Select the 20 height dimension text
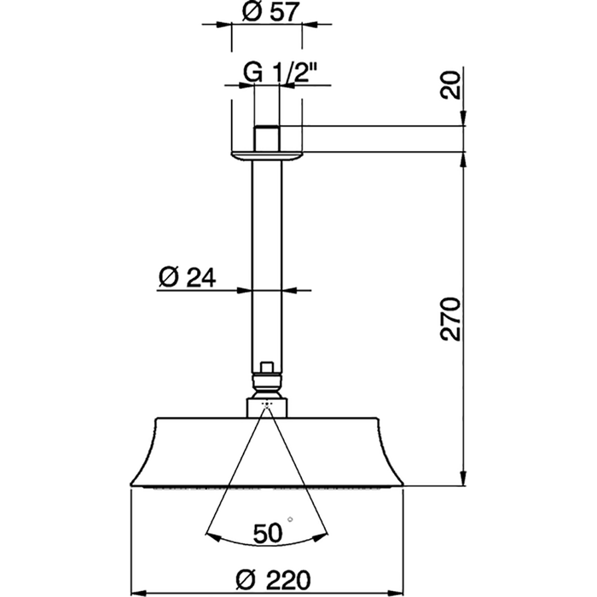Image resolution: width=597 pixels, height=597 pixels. [452, 86]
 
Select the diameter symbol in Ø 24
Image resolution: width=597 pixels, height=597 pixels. [168, 276]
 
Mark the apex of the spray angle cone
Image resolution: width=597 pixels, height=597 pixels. [268, 404]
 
